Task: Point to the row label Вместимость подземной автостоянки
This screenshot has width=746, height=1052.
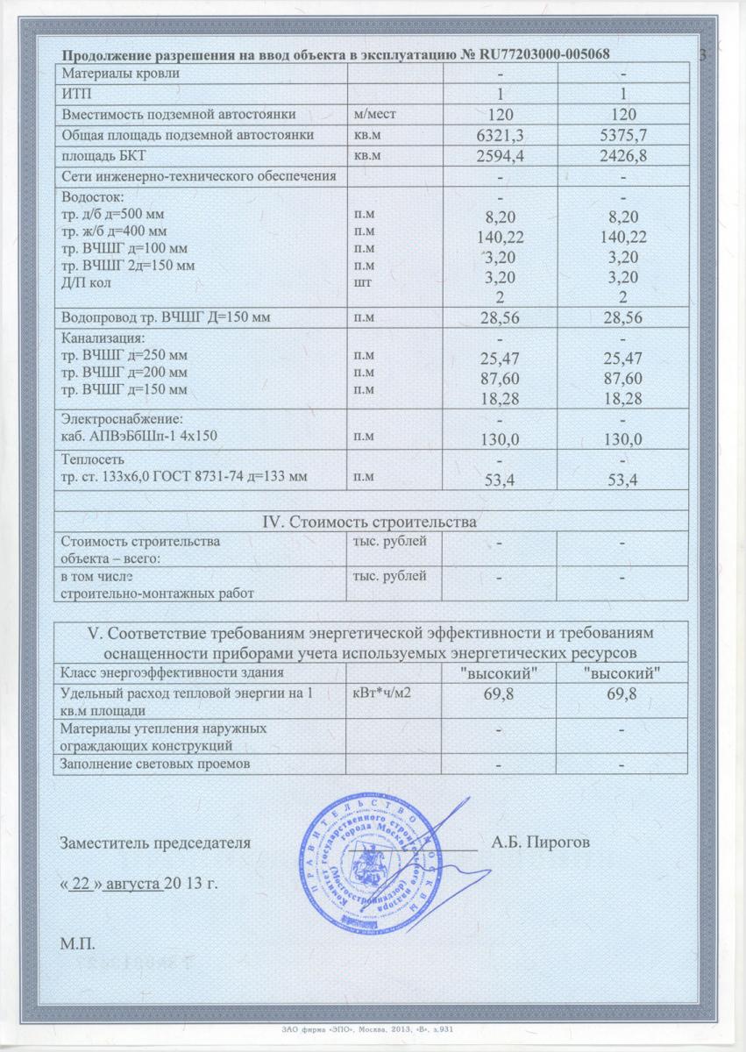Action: pos(172,114)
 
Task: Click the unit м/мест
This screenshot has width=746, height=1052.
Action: pos(375,114)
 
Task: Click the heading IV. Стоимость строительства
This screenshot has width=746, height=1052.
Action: pos(371,522)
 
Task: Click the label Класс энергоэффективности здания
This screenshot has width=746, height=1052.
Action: pos(172,672)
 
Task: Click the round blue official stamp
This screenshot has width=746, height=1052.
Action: pos(367,864)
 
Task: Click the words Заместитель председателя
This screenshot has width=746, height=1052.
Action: pos(156,843)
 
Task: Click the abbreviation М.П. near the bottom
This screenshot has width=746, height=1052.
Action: pos(78,944)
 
